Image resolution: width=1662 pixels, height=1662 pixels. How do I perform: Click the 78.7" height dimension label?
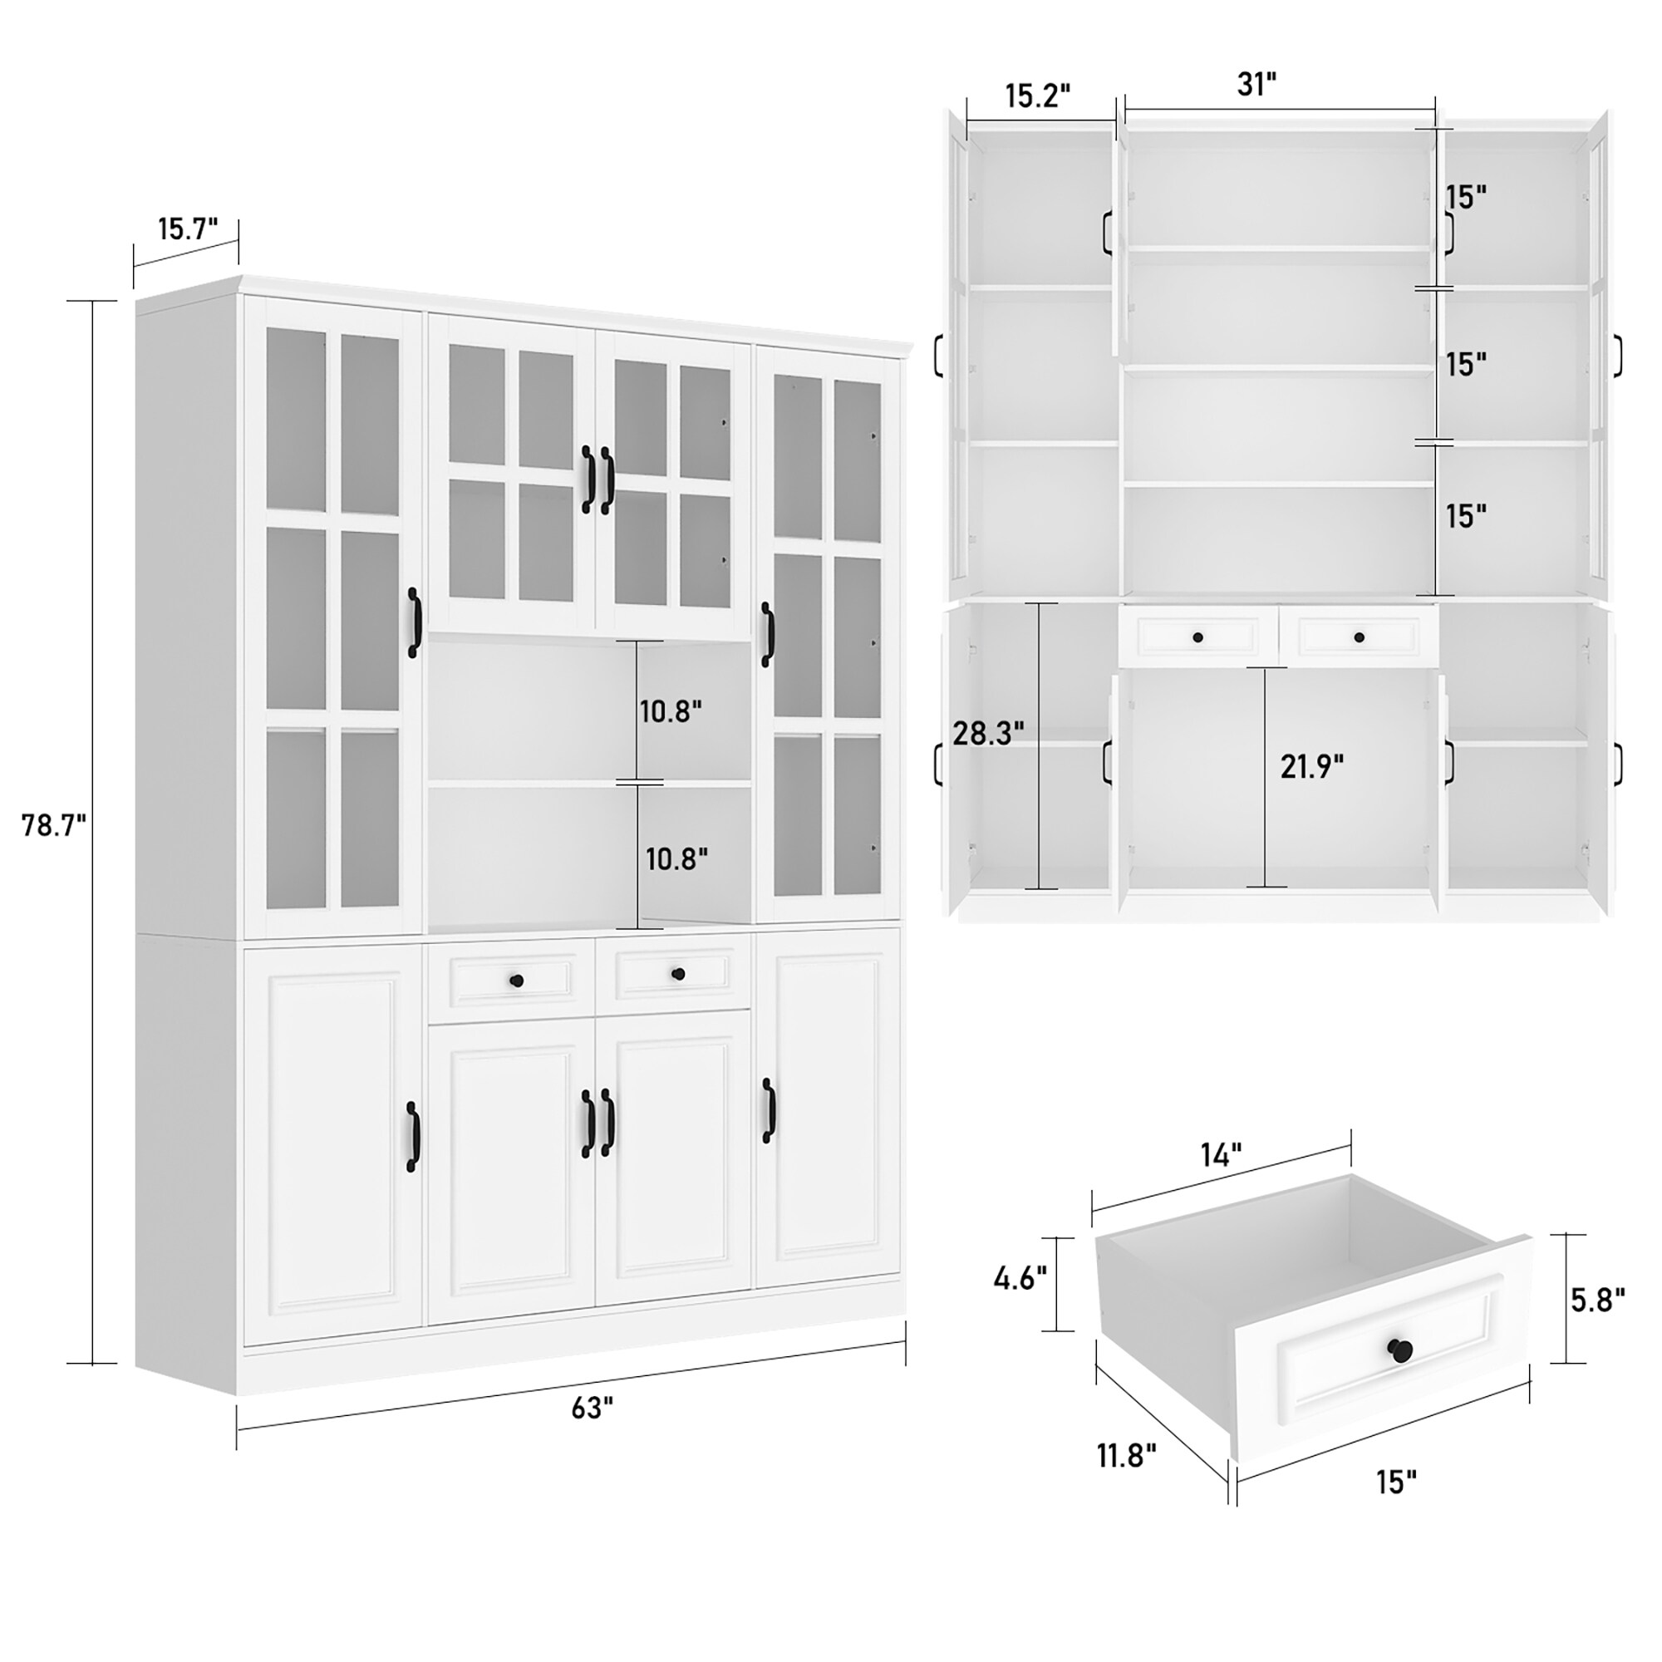(54, 826)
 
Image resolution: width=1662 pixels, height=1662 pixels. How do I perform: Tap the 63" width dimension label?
(593, 1409)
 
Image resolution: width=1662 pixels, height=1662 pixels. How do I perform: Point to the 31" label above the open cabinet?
(1256, 84)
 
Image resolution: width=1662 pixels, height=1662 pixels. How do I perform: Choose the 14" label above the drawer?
(1222, 1155)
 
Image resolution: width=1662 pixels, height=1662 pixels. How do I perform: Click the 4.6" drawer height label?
(1020, 1278)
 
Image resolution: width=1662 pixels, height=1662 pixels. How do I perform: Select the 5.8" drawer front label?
(1597, 1300)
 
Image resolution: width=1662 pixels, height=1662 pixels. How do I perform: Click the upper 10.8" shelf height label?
(670, 711)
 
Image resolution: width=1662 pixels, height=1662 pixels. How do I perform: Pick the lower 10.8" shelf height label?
(677, 858)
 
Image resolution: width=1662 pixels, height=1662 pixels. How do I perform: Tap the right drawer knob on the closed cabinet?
(678, 975)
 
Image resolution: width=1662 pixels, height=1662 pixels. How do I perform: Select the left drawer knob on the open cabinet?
(1197, 637)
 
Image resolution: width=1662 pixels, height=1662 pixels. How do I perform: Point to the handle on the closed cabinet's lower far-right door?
(767, 1110)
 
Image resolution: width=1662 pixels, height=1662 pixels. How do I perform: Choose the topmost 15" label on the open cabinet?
(1466, 197)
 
